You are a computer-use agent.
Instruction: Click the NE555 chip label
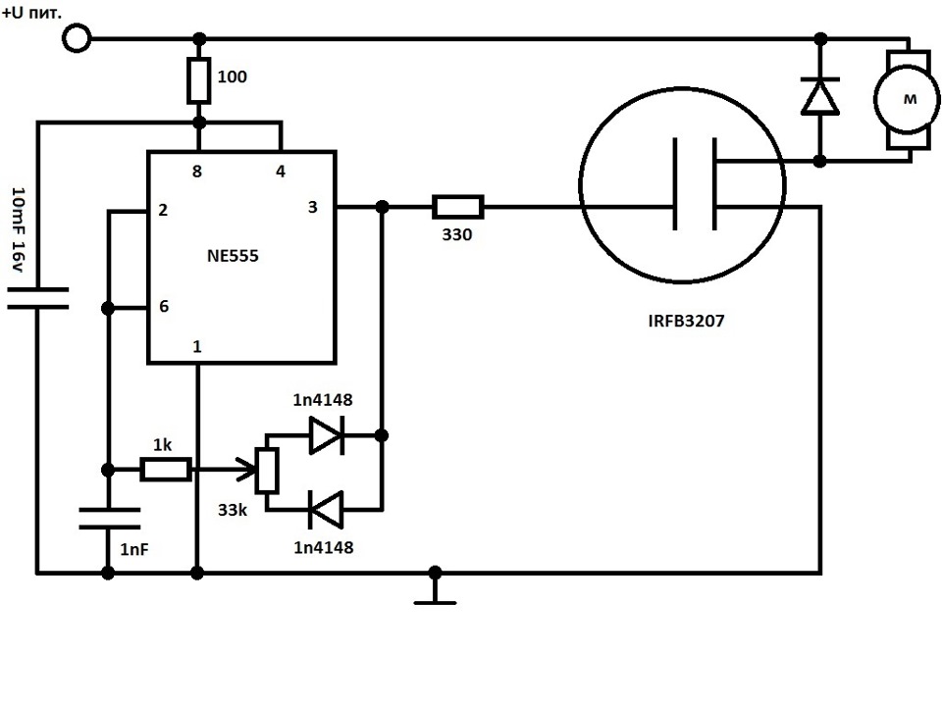[233, 256]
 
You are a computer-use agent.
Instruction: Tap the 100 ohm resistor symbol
[199, 80]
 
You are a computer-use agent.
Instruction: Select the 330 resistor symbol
[458, 207]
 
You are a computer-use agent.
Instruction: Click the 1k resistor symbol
[167, 470]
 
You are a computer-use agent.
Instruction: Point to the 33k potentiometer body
[267, 471]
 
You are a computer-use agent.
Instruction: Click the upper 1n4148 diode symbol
[326, 435]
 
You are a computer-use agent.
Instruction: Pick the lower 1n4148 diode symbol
[326, 510]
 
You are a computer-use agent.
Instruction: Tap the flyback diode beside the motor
[820, 96]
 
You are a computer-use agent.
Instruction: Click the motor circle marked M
[907, 100]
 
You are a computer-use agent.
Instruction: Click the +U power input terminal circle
[77, 39]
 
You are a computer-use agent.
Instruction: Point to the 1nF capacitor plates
[109, 519]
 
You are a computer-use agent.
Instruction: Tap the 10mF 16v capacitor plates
[38, 298]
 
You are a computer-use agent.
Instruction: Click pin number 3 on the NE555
[312, 207]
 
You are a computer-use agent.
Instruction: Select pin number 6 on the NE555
[164, 306]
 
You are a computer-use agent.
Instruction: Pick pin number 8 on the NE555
[197, 172]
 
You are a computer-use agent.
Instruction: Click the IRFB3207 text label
[686, 321]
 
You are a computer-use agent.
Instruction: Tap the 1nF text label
[134, 549]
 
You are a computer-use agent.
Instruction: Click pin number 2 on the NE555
[163, 210]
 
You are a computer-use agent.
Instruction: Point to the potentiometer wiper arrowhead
[247, 470]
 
